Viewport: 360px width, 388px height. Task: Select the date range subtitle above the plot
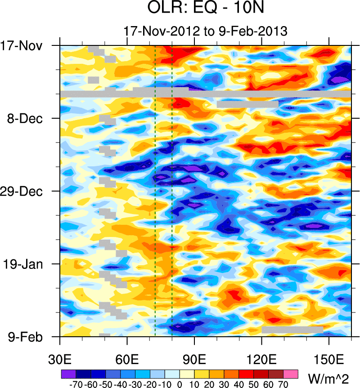click(206, 31)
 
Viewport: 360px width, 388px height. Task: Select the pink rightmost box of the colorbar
click(291, 374)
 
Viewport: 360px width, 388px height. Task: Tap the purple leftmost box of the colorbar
click(68, 374)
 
